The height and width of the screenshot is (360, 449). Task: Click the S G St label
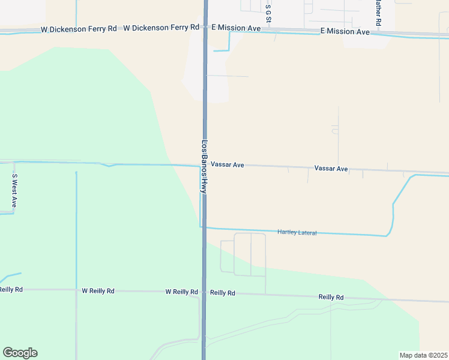click(x=268, y=11)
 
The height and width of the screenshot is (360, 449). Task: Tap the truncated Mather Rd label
click(x=378, y=12)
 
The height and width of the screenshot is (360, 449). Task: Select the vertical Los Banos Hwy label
click(x=205, y=166)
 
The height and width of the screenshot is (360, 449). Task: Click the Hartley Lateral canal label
click(x=297, y=232)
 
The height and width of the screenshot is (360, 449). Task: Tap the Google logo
click(x=20, y=353)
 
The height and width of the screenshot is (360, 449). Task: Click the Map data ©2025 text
click(x=423, y=355)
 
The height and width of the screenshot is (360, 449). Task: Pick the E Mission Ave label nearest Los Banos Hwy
click(x=236, y=28)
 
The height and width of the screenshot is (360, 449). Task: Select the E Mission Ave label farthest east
click(x=345, y=31)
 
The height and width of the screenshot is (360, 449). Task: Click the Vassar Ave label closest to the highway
click(x=227, y=164)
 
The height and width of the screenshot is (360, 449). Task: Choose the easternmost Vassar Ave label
click(x=331, y=169)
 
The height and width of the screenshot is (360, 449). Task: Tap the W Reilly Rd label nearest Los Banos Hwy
click(x=182, y=292)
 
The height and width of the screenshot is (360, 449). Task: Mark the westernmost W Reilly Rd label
click(x=10, y=289)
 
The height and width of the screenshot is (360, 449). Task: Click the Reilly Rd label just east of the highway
click(x=223, y=293)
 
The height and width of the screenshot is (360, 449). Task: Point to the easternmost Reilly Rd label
click(x=331, y=297)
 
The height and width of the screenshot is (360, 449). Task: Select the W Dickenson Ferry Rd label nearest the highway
click(x=161, y=28)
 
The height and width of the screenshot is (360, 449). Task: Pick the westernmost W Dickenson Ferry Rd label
click(x=79, y=29)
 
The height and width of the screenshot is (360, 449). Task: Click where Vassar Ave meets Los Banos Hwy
click(x=205, y=164)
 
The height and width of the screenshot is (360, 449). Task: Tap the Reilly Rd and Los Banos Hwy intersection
click(x=205, y=292)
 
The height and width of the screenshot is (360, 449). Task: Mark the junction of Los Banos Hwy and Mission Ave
click(x=205, y=28)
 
